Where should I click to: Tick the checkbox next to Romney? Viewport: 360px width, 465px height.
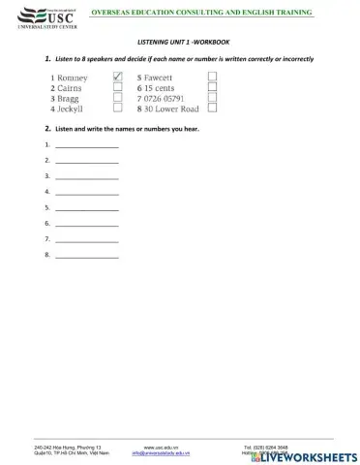(117, 77)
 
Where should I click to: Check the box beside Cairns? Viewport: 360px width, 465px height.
(117, 87)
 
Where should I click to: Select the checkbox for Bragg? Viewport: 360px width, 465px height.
(117, 98)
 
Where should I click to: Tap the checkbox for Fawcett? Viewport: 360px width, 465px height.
(212, 77)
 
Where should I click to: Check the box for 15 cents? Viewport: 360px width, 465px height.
(212, 87)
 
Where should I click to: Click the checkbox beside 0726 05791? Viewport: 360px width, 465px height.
(212, 98)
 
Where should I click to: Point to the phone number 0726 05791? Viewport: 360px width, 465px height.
(165, 98)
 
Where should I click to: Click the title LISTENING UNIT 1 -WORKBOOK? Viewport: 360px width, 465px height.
(179, 43)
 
